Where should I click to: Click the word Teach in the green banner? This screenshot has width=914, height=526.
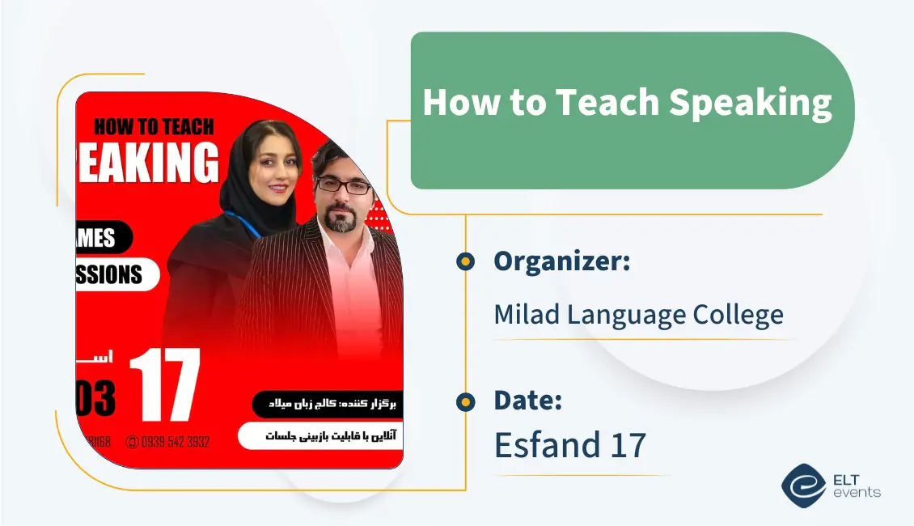click(x=605, y=103)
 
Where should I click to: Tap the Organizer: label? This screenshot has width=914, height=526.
click(x=561, y=261)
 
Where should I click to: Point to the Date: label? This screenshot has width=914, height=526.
click(x=527, y=400)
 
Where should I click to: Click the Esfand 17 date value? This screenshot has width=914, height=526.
click(x=569, y=444)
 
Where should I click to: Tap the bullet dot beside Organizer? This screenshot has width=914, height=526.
click(x=465, y=261)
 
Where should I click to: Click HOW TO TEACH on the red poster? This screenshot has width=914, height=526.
click(x=154, y=126)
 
